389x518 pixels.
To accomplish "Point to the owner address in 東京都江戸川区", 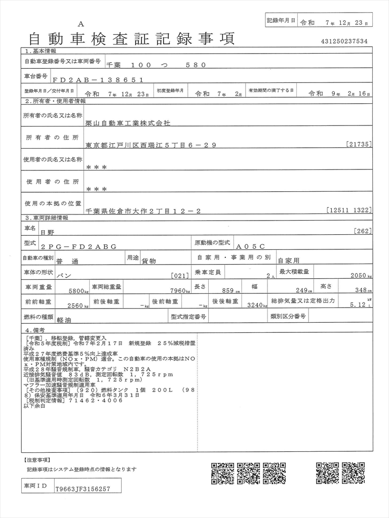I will [151, 145].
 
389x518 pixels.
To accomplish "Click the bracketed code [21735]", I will [360, 145].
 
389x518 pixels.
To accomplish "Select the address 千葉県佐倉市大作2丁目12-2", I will [143, 211].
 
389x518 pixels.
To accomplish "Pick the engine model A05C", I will [250, 246].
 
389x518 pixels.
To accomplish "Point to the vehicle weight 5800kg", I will [79, 291].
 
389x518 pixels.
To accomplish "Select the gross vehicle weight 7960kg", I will [180, 291].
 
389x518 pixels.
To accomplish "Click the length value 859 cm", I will [230, 291].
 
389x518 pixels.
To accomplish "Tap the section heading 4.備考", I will [35, 330].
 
